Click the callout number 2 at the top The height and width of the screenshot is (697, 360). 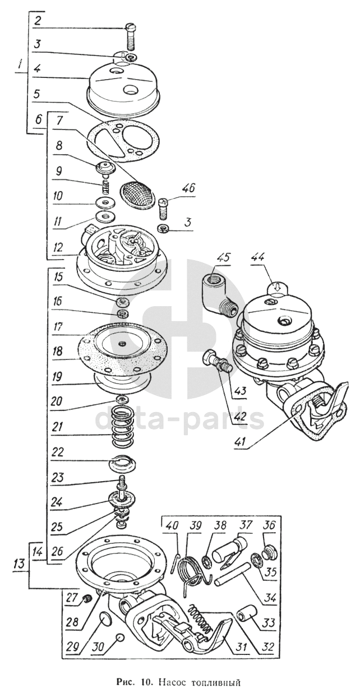pyautogui.click(x=37, y=22)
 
